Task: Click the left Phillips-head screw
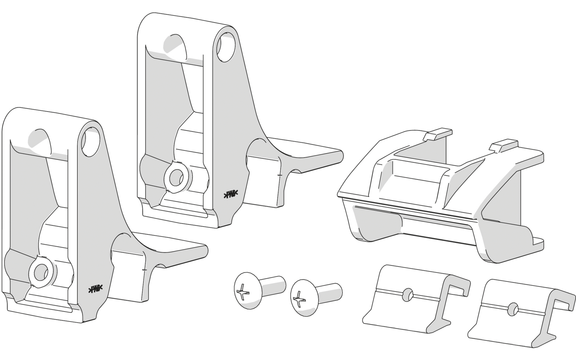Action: (258, 288)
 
